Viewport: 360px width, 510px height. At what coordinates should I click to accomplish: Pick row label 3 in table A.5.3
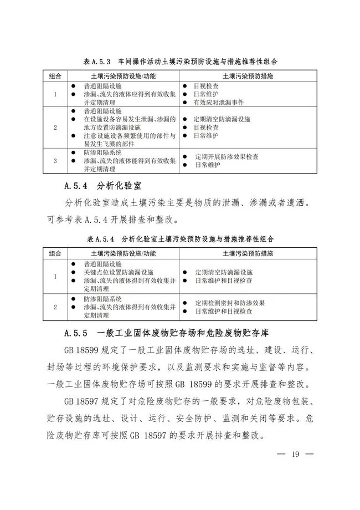(x=55, y=161)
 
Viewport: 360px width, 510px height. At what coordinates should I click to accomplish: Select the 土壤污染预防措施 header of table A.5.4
(x=248, y=253)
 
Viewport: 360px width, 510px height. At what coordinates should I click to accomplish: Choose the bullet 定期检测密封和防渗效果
(x=230, y=303)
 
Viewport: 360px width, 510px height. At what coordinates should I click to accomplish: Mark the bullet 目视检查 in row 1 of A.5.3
(x=205, y=86)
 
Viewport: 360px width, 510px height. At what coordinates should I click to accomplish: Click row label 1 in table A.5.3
(x=55, y=95)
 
